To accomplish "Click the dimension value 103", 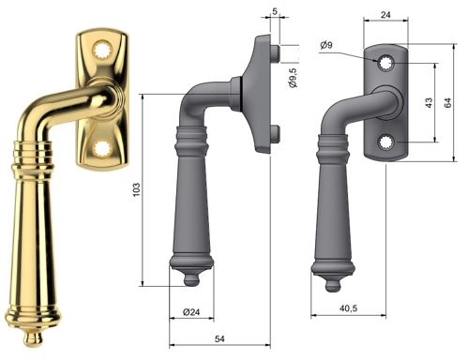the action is (x=137, y=189).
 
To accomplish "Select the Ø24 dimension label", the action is (x=191, y=311).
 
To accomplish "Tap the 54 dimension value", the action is (x=219, y=338).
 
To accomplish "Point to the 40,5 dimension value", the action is (x=348, y=308).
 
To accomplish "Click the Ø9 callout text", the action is (x=326, y=45).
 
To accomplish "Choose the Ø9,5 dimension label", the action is (x=293, y=78).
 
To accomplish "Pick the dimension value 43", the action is (x=429, y=102).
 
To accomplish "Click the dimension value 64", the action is (x=447, y=102).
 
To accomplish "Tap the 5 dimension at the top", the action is (x=275, y=11).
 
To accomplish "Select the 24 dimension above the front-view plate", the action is (x=385, y=14).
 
